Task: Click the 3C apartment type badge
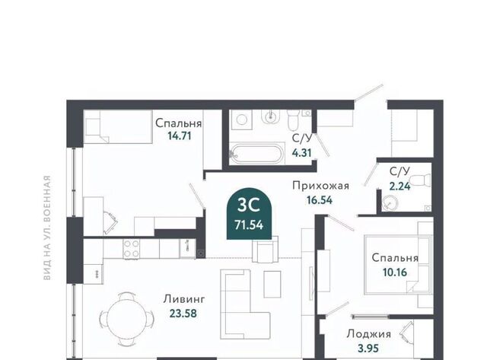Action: [x=249, y=214]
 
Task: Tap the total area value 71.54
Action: [x=249, y=225]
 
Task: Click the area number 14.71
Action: [x=180, y=135]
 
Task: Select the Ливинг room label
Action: [x=184, y=299]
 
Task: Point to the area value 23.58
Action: [x=183, y=313]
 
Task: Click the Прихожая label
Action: [x=321, y=186]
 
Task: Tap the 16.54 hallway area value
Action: [x=320, y=199]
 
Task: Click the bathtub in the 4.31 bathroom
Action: [x=256, y=154]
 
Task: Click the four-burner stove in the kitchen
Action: [x=132, y=249]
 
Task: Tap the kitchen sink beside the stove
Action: [x=187, y=248]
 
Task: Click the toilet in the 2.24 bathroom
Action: [x=420, y=180]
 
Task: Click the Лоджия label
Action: [x=368, y=334]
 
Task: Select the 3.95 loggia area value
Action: [x=368, y=348]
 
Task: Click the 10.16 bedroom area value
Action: [x=395, y=272]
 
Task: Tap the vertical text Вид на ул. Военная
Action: [x=47, y=228]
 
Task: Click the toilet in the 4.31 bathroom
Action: [x=292, y=120]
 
